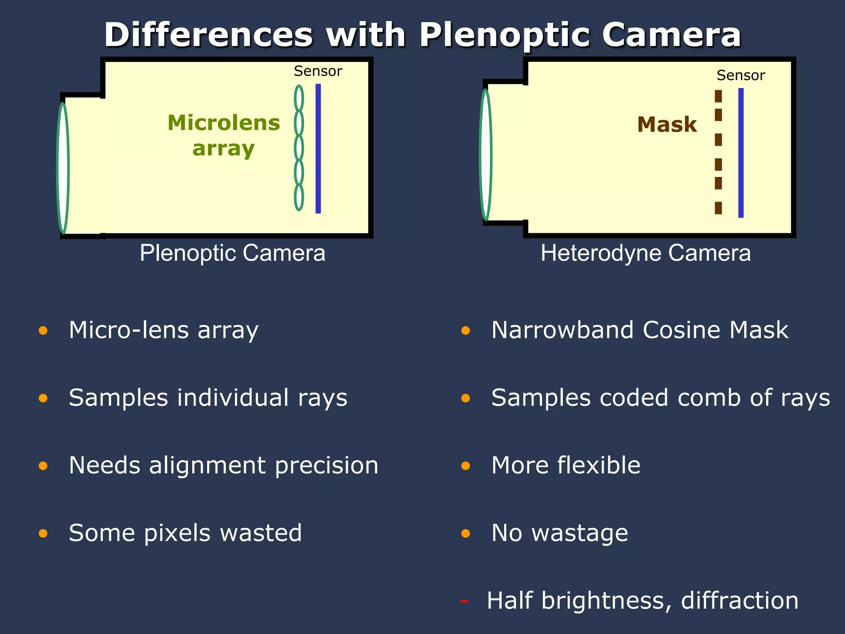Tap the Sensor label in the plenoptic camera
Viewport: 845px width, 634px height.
pos(318,71)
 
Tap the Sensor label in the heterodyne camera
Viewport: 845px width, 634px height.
pos(741,76)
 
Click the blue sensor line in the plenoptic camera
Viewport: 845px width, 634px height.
pos(318,149)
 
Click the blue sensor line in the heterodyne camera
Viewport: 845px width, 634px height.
pos(741,153)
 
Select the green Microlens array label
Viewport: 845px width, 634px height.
pos(224,135)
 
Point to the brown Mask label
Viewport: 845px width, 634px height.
pos(667,125)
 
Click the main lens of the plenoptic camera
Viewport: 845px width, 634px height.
pos(63,168)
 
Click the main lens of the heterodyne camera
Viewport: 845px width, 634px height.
pos(486,154)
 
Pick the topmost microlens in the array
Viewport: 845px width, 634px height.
pos(299,98)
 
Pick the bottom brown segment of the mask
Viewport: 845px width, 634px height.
pos(718,208)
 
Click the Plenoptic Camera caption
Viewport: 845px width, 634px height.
pos(232,253)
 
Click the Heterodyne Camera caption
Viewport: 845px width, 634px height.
pos(646,253)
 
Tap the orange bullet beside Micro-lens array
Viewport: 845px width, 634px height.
pos(43,331)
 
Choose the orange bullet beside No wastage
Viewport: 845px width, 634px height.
pos(466,533)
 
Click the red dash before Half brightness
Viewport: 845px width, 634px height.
pos(465,601)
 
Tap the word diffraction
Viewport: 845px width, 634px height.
pos(739,601)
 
